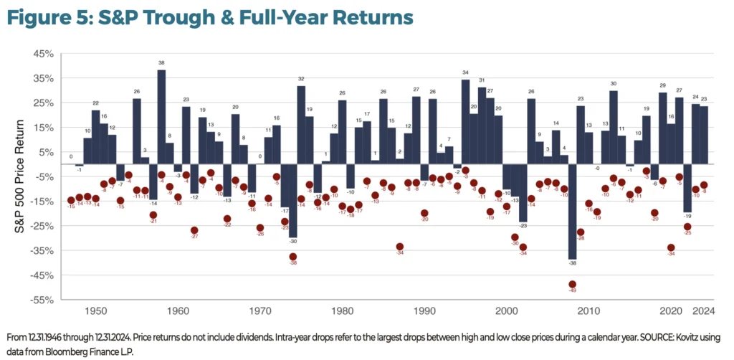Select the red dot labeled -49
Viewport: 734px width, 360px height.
click(x=572, y=285)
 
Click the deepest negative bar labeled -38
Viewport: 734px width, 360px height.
click(x=572, y=218)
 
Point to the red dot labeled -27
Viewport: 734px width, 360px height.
click(x=194, y=230)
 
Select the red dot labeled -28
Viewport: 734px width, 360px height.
click(x=581, y=232)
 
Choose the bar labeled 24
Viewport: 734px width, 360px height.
click(x=695, y=141)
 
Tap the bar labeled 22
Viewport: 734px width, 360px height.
click(x=95, y=143)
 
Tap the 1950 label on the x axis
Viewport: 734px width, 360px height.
click(x=96, y=312)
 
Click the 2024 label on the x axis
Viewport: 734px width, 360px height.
click(x=704, y=312)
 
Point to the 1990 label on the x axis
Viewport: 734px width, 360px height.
click(x=424, y=312)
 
